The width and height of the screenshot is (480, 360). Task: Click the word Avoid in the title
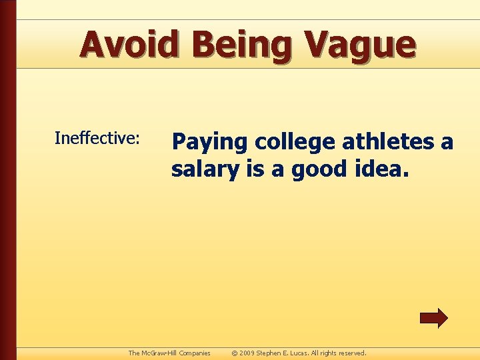click(130, 45)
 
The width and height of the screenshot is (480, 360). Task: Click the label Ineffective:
click(97, 138)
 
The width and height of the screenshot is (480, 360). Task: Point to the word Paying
click(207, 143)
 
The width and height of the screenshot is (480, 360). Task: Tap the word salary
click(201, 170)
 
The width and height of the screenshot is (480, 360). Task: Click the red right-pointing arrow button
click(433, 318)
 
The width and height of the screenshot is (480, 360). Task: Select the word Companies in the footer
click(195, 353)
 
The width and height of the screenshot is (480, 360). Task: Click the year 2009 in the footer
click(247, 353)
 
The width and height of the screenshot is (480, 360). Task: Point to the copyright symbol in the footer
click(233, 353)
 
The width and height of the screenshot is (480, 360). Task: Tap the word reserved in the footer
click(353, 353)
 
